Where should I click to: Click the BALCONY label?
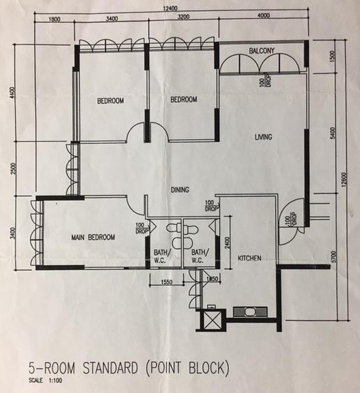[x=262, y=51]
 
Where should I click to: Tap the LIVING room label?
[x=263, y=137]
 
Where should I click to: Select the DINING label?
[x=180, y=190]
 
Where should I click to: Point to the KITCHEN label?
[x=249, y=258]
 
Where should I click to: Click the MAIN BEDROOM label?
[x=93, y=237]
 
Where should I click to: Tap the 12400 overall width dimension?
[x=170, y=8]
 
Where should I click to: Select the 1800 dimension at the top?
[x=54, y=19]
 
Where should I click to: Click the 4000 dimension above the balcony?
[x=264, y=15]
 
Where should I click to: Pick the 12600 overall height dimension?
[x=344, y=179]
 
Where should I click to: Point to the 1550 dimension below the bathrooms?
[x=166, y=282]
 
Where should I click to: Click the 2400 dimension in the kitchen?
[x=227, y=243]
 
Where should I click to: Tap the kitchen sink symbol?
[x=250, y=312]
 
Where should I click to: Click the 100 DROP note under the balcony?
[x=265, y=80]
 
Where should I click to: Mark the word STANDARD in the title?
[x=110, y=368]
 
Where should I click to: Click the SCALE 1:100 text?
[x=45, y=380]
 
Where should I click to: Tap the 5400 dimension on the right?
[x=333, y=134]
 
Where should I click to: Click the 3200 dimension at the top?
[x=183, y=17]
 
